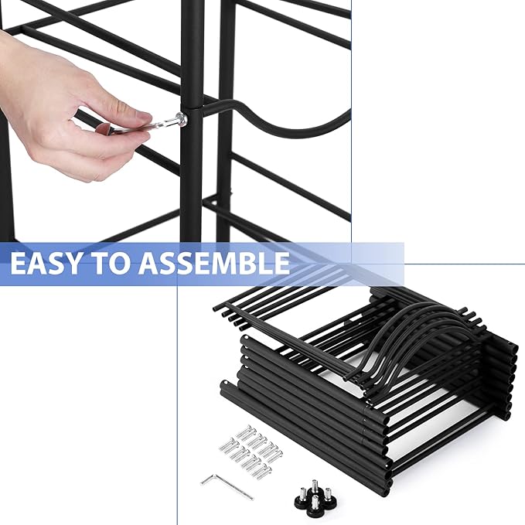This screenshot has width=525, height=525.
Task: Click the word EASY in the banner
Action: (x=50, y=263)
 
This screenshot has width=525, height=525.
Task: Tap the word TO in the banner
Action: (x=117, y=263)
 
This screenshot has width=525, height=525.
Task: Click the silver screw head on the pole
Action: (x=180, y=118)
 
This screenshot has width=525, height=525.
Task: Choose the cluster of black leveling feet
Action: (x=315, y=499)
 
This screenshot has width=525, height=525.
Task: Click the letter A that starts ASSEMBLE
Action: (x=149, y=263)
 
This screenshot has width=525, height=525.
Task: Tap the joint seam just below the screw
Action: (x=191, y=131)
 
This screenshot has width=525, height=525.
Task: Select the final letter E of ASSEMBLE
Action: (x=280, y=263)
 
